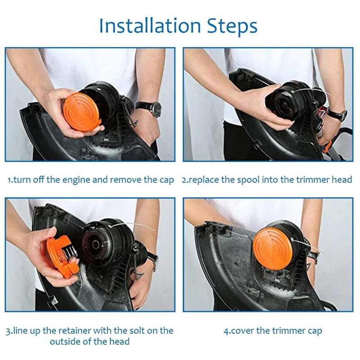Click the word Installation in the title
tap(150, 26)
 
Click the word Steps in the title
tap(232, 26)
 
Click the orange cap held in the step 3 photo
tap(62, 256)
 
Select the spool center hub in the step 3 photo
tap(95, 244)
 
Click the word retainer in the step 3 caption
tap(75, 331)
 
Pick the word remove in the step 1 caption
tap(126, 180)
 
